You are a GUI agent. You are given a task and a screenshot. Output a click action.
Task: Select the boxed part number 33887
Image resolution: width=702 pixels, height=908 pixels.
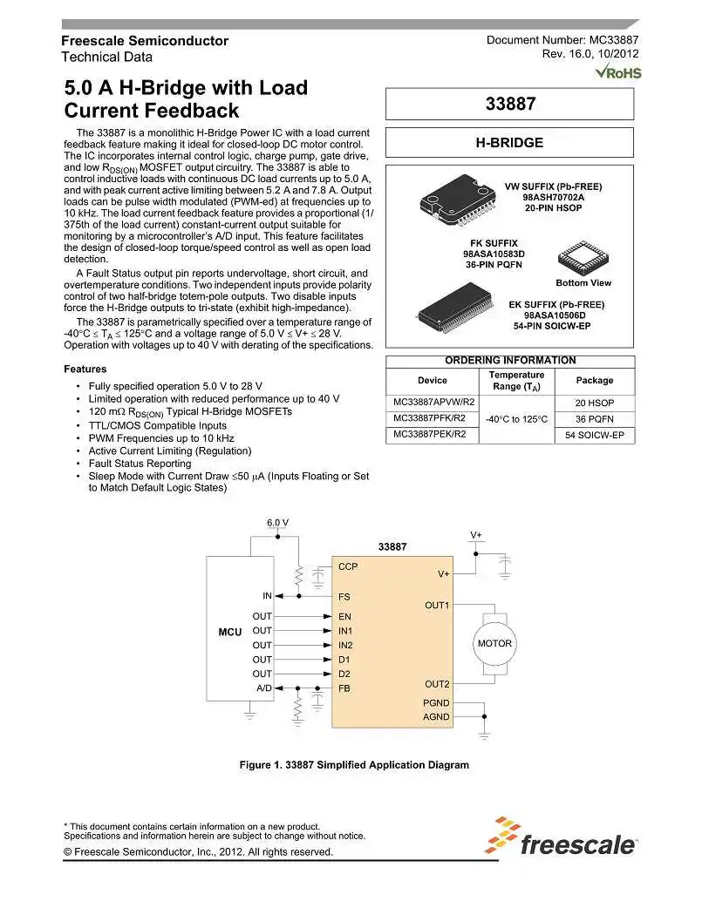509,104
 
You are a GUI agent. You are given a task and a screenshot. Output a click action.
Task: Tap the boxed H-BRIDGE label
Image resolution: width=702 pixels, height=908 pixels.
509,143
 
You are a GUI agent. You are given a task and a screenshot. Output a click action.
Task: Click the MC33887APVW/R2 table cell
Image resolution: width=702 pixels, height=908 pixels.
433,403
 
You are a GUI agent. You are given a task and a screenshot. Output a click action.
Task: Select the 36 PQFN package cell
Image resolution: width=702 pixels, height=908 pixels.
595,418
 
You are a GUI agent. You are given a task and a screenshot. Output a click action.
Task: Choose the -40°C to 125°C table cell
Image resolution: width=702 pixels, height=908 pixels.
516,418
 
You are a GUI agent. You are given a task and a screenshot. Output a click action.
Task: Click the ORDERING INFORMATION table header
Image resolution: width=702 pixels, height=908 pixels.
510,360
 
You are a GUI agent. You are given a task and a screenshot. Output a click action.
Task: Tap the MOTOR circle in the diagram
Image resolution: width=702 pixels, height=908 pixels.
494,644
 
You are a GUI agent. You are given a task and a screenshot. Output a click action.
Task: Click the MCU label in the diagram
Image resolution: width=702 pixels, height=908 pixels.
230,630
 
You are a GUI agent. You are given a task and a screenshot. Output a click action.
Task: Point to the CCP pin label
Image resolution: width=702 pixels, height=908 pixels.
348,566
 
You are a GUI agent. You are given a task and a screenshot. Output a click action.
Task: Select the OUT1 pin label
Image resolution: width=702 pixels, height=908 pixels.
437,605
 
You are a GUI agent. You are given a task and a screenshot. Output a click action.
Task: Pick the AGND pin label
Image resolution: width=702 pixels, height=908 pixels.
436,717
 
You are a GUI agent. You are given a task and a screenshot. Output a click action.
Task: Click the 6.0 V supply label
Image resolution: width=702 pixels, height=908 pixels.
277,523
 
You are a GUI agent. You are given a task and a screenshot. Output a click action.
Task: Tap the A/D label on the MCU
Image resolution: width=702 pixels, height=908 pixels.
263,688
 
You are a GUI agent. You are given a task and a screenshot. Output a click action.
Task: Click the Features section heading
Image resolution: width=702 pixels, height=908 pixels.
85,369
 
